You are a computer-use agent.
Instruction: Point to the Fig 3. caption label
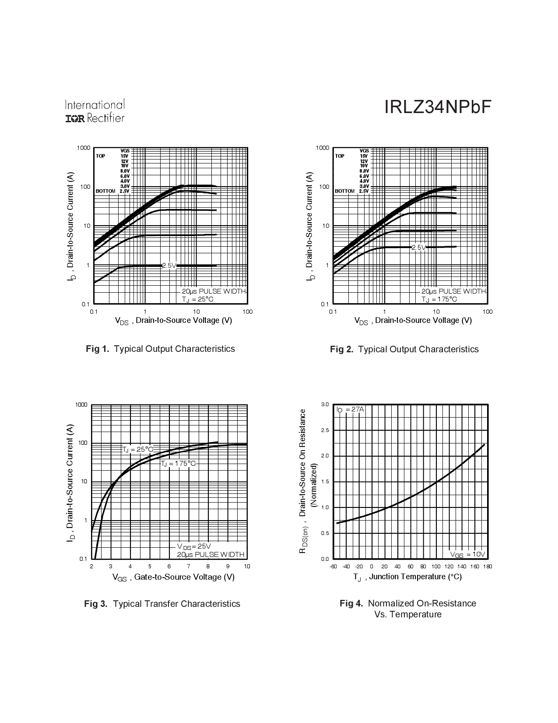point(95,604)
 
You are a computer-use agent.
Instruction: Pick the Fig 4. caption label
point(351,603)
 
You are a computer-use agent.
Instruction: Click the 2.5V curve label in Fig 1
point(169,266)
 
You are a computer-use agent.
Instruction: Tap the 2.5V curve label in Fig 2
point(418,248)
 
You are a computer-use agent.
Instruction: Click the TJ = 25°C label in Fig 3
point(137,450)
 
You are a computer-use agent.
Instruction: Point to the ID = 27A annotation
point(350,409)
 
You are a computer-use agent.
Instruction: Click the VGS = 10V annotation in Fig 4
point(468,554)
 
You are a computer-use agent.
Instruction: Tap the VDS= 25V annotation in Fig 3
point(194,546)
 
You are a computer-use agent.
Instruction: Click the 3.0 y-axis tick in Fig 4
point(325,404)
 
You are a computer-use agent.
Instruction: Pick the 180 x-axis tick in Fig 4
point(488,567)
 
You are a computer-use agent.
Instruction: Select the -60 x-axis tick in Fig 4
point(333,567)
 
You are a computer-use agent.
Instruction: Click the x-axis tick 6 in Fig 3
point(169,566)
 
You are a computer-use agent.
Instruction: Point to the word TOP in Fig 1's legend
point(100,156)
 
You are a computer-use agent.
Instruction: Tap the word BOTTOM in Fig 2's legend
point(344,191)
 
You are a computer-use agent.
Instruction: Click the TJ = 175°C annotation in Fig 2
point(439,299)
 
